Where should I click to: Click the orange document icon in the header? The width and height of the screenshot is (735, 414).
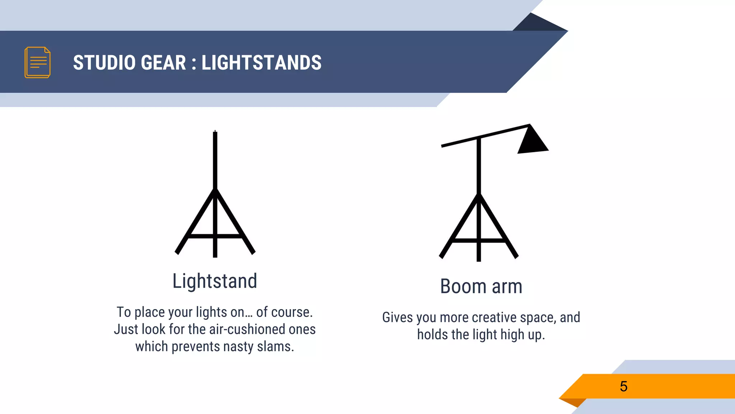click(x=37, y=62)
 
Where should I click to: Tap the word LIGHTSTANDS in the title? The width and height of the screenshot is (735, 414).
click(x=261, y=63)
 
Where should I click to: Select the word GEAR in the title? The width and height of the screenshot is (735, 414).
click(x=163, y=63)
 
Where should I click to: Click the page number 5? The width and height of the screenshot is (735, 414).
click(x=623, y=386)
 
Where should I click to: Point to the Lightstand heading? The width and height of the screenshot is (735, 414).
click(x=215, y=281)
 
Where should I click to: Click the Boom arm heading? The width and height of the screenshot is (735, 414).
click(x=481, y=286)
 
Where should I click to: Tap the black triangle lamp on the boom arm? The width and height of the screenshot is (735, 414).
click(x=532, y=141)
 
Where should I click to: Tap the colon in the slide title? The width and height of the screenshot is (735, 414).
click(x=194, y=63)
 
